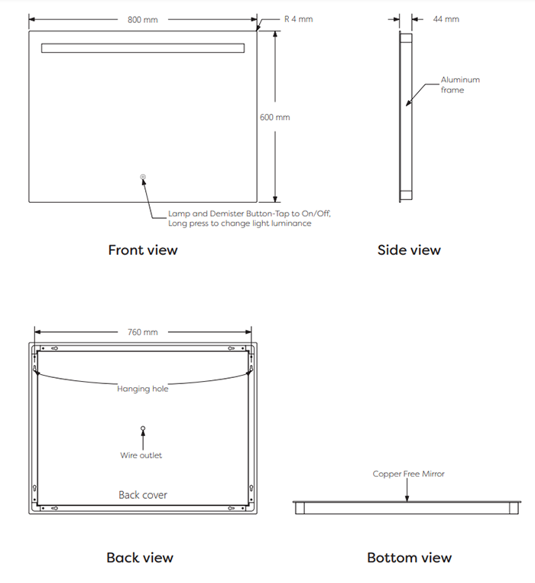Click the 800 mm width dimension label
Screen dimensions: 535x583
click(143, 20)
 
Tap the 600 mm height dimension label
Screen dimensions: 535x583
click(275, 117)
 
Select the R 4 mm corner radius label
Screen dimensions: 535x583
click(298, 19)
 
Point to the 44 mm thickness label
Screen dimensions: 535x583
click(446, 19)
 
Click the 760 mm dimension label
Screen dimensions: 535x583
click(143, 332)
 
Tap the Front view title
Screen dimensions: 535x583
click(143, 250)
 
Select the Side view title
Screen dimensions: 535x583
click(409, 250)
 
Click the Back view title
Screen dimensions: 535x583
click(140, 558)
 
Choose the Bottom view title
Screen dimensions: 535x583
click(410, 558)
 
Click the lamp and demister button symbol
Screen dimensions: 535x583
click(143, 177)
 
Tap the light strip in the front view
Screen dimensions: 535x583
click(143, 48)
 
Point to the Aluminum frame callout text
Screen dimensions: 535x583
click(460, 85)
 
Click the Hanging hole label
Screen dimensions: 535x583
click(143, 389)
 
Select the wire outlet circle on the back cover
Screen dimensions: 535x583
click(143, 428)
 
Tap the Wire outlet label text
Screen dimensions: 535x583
click(141, 455)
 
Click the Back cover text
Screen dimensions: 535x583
click(143, 495)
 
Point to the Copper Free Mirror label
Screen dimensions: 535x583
click(409, 474)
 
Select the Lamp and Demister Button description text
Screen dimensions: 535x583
click(249, 218)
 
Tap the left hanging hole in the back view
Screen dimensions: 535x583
click(35, 369)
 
